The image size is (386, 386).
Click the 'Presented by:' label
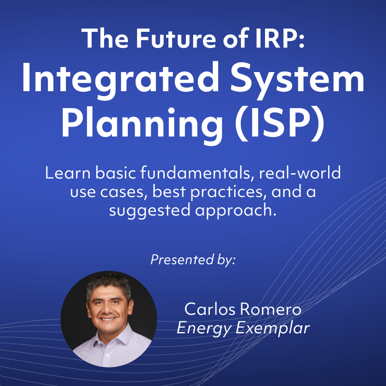coord(193,260)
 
